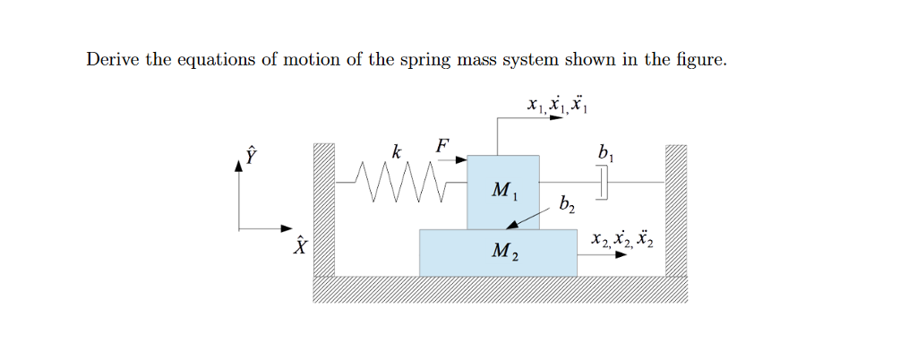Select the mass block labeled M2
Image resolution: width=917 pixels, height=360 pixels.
tap(498, 252)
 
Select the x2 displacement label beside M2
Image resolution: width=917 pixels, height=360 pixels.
tap(621, 239)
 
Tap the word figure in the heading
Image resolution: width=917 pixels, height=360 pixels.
tap(696, 60)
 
